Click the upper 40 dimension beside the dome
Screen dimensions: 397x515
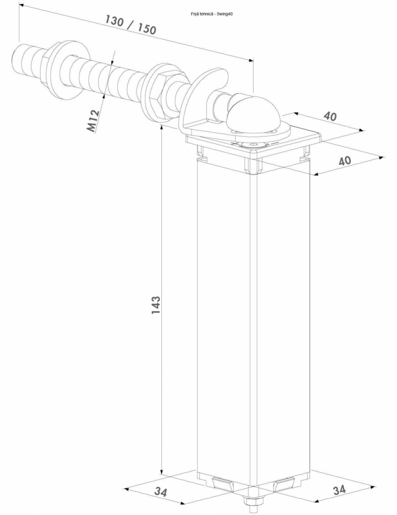tap(331, 116)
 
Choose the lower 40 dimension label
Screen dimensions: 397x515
tap(344, 161)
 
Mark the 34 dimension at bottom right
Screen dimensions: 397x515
tap(340, 490)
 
